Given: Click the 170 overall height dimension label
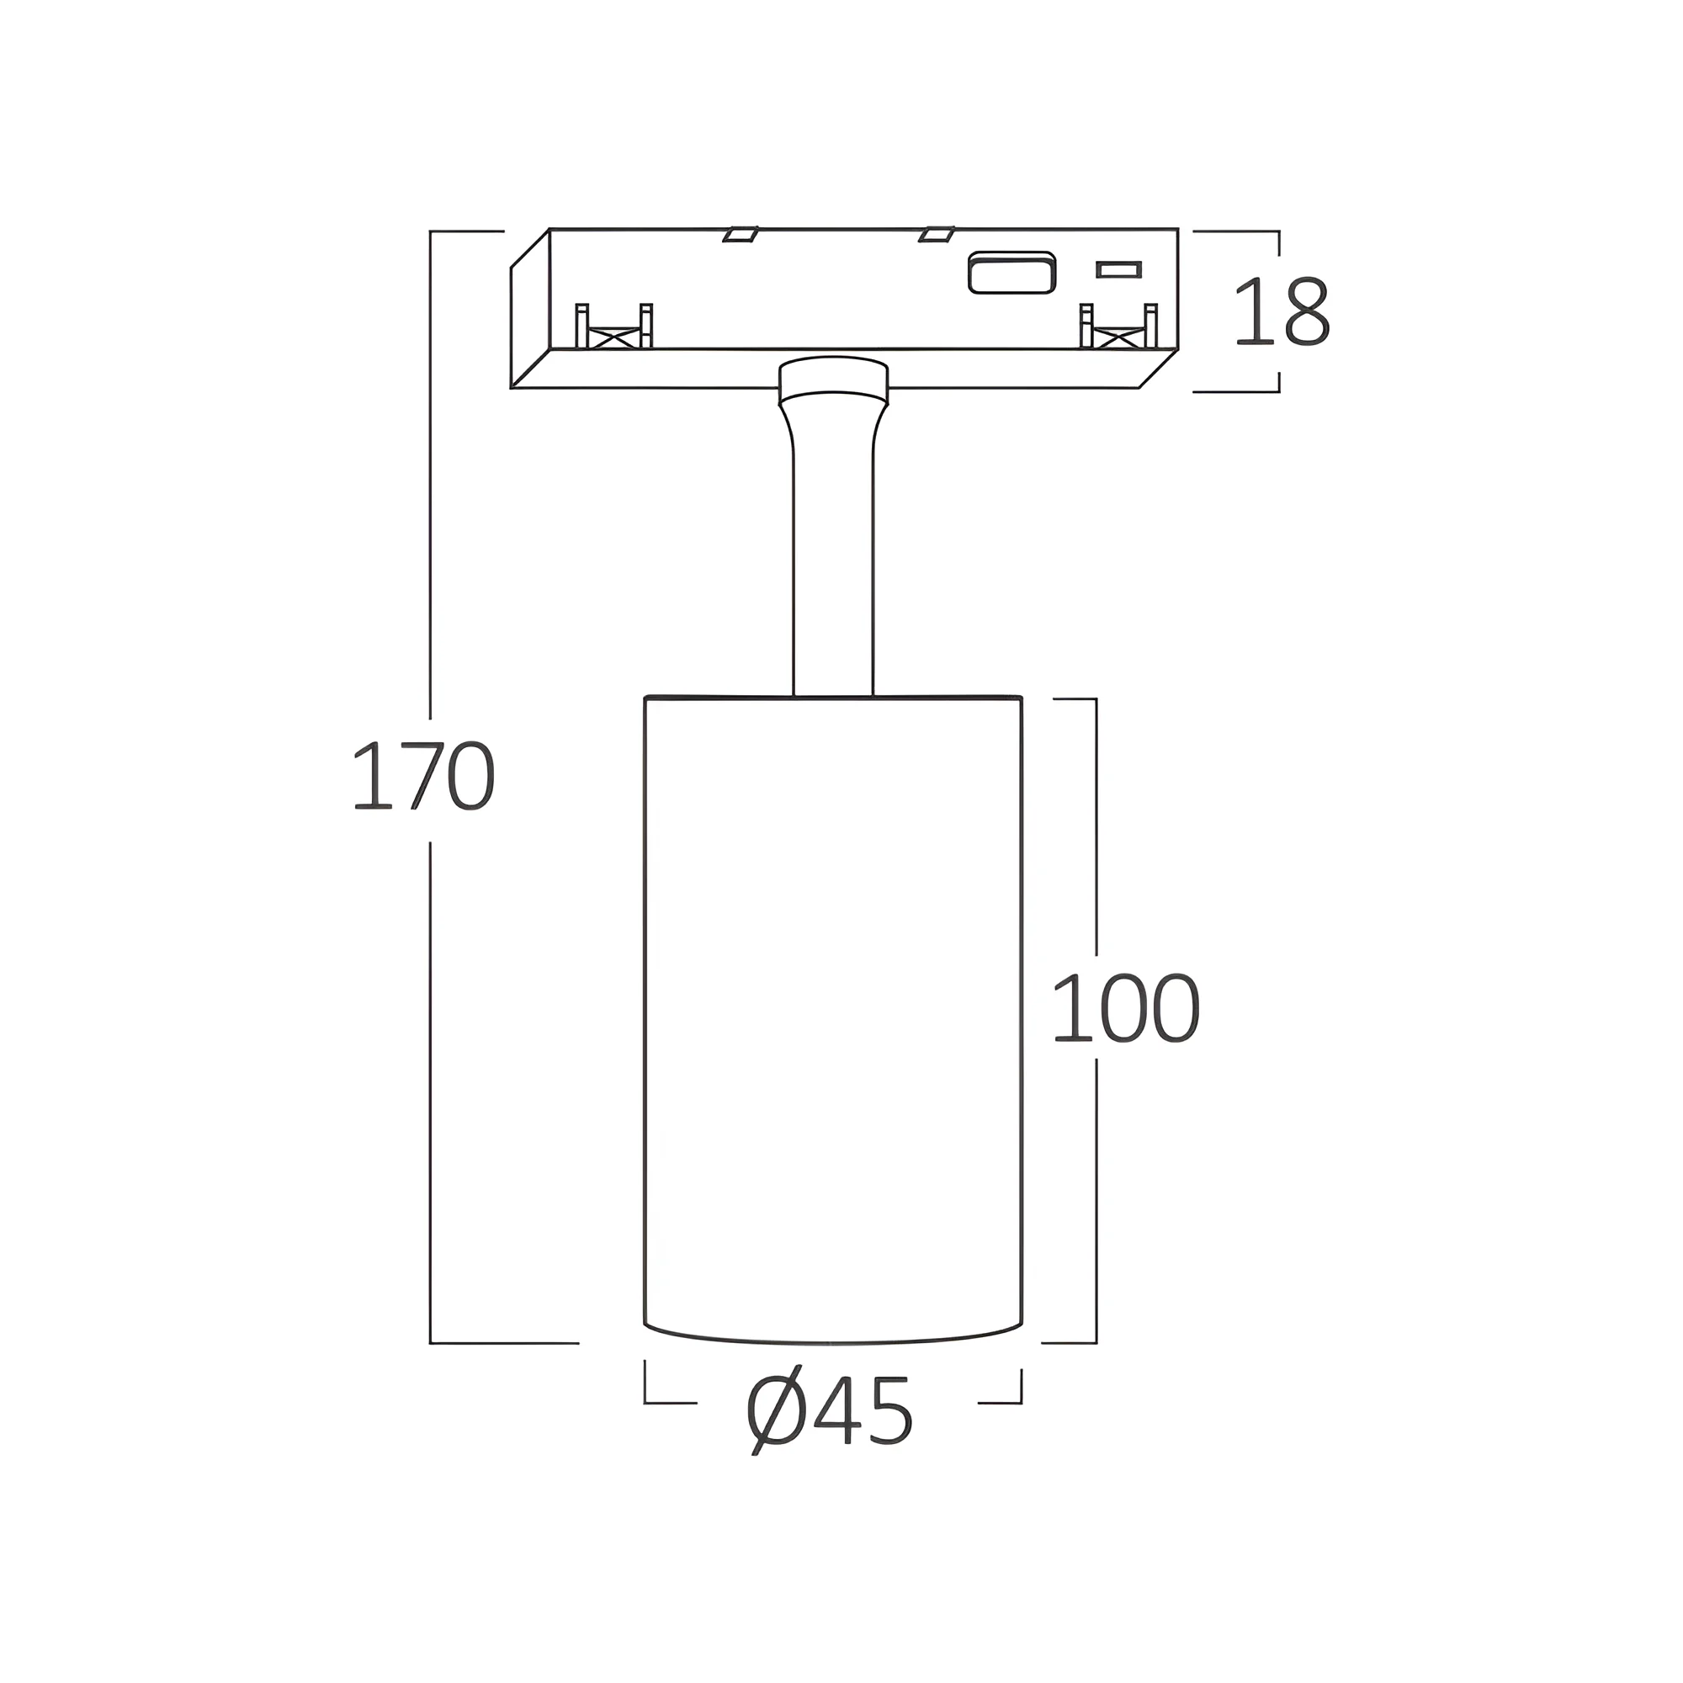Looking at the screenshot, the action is pyautogui.click(x=423, y=776).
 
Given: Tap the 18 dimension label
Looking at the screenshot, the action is pyautogui.click(x=1282, y=311).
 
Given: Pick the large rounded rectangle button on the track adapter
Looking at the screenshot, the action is pyautogui.click(x=1012, y=272).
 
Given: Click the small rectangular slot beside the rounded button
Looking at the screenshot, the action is pyautogui.click(x=1119, y=269).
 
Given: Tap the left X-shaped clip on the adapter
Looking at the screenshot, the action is pyautogui.click(x=614, y=327).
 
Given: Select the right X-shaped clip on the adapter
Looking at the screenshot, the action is pyautogui.click(x=1118, y=327).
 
